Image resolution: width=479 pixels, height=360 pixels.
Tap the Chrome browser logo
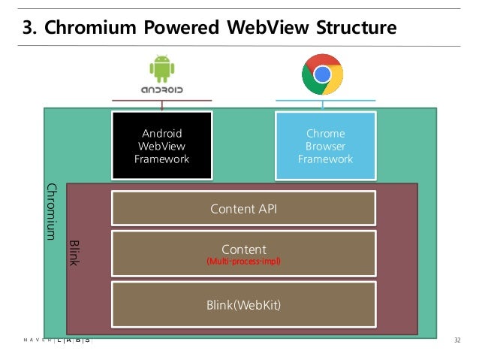click(322, 74)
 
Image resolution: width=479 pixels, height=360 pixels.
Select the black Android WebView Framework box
click(161, 147)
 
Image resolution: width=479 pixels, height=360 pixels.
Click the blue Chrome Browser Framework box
click(325, 147)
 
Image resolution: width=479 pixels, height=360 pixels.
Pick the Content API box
click(243, 208)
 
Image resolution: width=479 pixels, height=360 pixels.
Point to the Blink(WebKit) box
click(243, 304)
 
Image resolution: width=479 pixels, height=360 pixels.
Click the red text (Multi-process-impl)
click(243, 262)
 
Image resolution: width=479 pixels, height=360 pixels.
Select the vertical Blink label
click(74, 253)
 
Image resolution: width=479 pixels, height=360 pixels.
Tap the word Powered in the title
click(180, 29)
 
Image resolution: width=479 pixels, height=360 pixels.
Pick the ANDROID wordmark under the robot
click(161, 91)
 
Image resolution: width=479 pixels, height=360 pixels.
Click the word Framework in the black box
click(161, 159)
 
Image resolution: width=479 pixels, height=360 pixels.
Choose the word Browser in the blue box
click(325, 147)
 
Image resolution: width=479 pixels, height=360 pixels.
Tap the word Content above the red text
click(243, 249)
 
